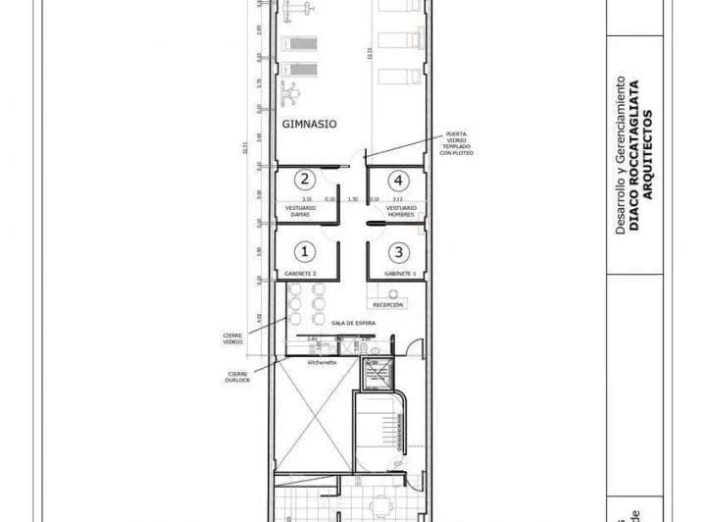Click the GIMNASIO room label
(x=310, y=125)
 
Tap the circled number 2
(x=305, y=180)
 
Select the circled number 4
(x=397, y=180)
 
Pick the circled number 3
(x=397, y=251)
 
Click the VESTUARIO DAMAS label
(x=300, y=210)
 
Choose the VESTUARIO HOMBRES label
(x=400, y=210)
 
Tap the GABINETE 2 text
(x=300, y=273)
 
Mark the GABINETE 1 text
(x=400, y=273)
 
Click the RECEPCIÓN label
(x=388, y=304)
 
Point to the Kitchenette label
(x=322, y=362)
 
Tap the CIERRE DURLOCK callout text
(x=239, y=376)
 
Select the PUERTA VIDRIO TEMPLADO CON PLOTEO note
(x=457, y=143)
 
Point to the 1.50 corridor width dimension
(x=352, y=199)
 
